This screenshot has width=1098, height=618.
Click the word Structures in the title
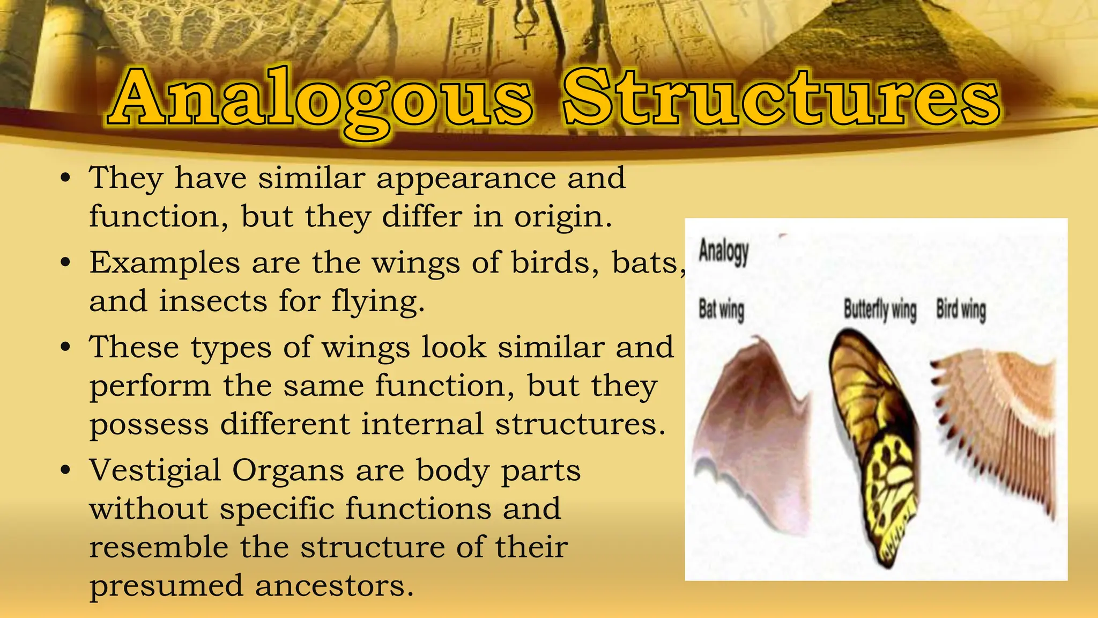click(x=781, y=99)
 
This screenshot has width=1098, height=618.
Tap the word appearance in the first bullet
click(x=466, y=179)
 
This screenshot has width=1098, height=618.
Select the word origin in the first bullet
click(x=562, y=217)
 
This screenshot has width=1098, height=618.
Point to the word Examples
click(x=165, y=263)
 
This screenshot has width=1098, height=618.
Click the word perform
click(x=150, y=386)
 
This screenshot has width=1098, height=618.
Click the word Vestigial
click(x=155, y=470)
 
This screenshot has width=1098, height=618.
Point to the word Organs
click(x=288, y=472)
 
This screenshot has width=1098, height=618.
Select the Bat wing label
click(x=721, y=310)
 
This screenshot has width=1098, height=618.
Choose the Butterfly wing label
click(x=880, y=310)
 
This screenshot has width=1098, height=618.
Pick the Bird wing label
click(x=961, y=310)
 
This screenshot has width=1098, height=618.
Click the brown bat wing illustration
click(x=751, y=429)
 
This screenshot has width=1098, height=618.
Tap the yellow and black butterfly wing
click(x=874, y=445)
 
